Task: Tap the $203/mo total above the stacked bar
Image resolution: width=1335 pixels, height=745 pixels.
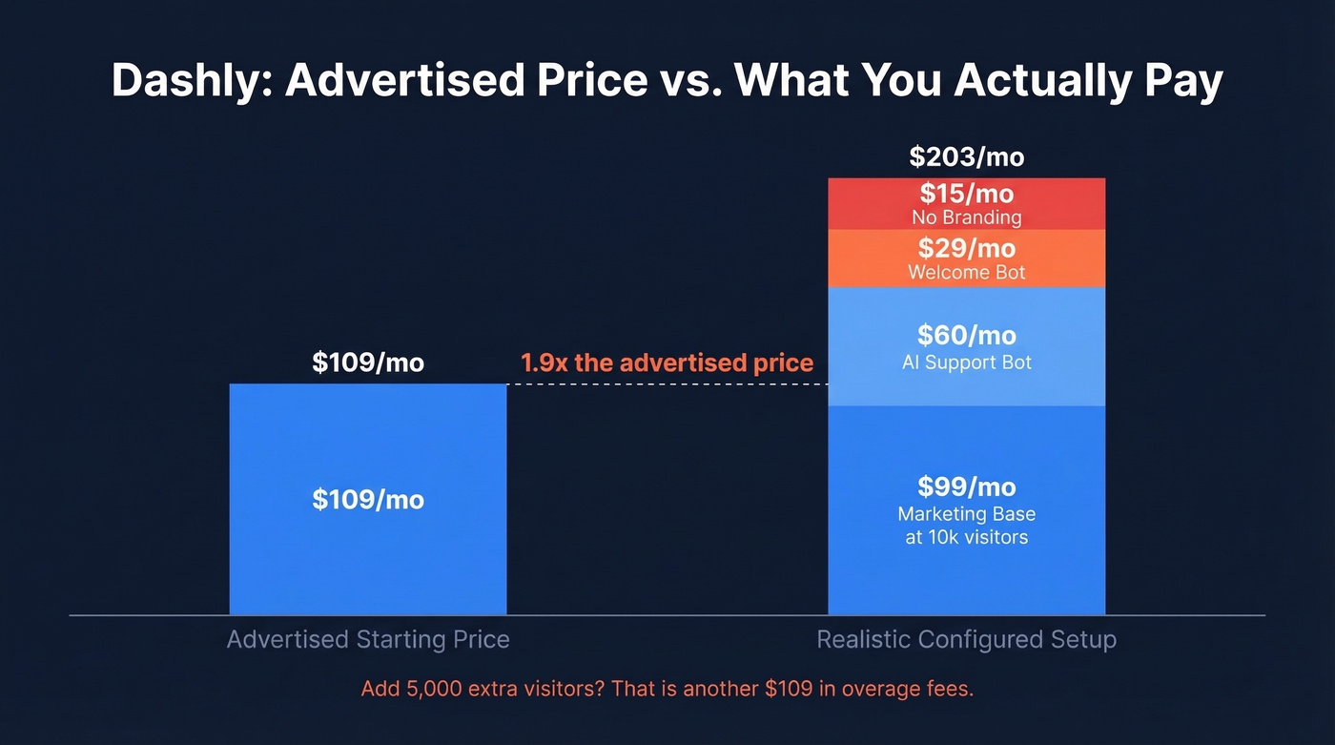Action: (x=966, y=156)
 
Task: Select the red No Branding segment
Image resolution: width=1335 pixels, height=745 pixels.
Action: (x=966, y=204)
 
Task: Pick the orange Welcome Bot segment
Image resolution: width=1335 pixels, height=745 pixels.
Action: (x=966, y=259)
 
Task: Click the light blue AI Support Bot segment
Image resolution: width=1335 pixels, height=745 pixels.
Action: (x=966, y=346)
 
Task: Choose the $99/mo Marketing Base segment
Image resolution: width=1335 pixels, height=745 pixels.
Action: (x=966, y=510)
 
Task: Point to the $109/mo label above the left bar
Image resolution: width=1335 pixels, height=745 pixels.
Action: (x=368, y=362)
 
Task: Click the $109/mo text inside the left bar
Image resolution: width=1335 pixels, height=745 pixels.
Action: (x=368, y=499)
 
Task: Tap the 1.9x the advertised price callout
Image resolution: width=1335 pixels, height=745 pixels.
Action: (x=667, y=362)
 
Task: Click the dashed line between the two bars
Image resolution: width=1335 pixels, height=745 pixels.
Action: (x=667, y=384)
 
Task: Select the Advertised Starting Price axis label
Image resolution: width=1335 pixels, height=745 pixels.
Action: (x=368, y=639)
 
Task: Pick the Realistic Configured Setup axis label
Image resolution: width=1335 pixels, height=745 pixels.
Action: (x=966, y=639)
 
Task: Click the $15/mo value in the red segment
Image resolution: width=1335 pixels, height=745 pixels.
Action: (x=966, y=195)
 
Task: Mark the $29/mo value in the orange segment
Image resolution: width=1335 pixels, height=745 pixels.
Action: (x=966, y=249)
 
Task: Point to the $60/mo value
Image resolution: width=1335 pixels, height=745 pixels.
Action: (x=966, y=335)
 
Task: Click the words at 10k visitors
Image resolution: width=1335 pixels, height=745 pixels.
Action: (x=966, y=537)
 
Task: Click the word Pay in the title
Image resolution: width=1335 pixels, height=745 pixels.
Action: (x=1180, y=82)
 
